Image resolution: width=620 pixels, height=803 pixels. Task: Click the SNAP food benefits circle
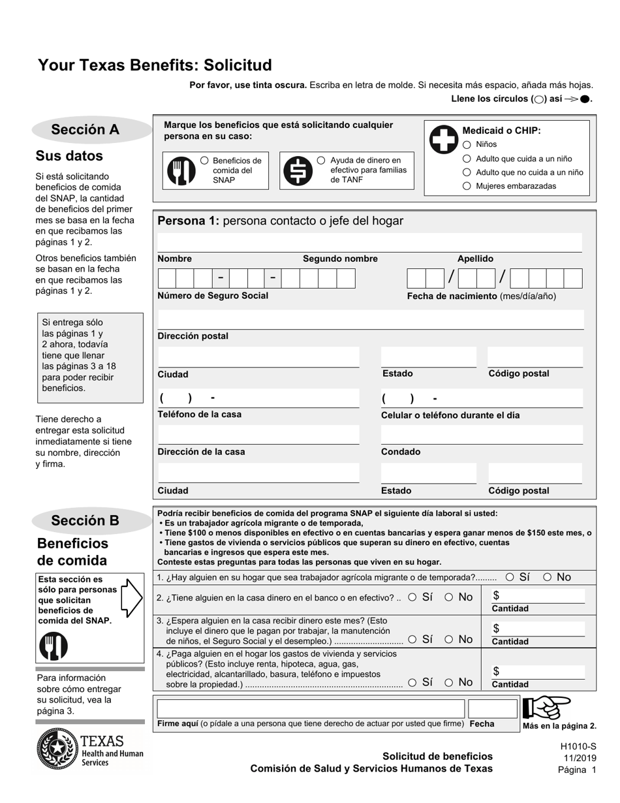click(x=205, y=161)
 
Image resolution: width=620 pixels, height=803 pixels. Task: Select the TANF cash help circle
click(x=321, y=161)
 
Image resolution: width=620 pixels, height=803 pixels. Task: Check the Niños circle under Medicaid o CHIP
click(x=467, y=145)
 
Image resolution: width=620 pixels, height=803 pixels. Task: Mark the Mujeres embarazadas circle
click(x=467, y=186)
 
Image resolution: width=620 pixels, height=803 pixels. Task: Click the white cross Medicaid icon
click(x=443, y=138)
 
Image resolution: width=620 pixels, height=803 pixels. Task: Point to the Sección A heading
click(x=85, y=130)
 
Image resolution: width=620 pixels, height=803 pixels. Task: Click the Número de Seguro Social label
click(x=213, y=296)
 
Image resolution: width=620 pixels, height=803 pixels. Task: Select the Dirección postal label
click(x=193, y=336)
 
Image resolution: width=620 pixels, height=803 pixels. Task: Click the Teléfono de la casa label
click(x=200, y=415)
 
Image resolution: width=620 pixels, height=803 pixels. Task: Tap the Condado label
click(x=401, y=452)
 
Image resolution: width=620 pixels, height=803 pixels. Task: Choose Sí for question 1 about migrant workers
click(x=510, y=577)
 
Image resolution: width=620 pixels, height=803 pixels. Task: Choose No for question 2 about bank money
click(x=450, y=597)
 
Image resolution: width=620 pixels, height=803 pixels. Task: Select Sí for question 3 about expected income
click(x=412, y=640)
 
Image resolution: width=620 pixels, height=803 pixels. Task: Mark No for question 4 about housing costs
click(x=450, y=683)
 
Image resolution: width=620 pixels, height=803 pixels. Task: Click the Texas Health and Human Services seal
click(x=58, y=750)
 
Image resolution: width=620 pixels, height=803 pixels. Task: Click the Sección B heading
click(x=85, y=521)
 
